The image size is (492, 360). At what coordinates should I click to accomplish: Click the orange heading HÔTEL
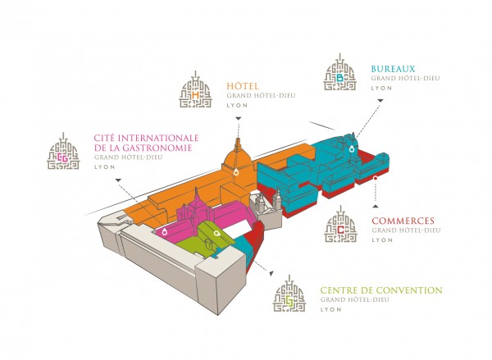pyautogui.click(x=244, y=84)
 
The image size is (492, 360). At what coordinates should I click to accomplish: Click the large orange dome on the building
pyautogui.click(x=235, y=159)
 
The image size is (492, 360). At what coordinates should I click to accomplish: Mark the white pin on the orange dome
pyautogui.click(x=235, y=173)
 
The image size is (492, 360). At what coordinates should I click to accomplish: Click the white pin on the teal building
pyautogui.click(x=352, y=149)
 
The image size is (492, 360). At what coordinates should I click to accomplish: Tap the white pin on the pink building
pyautogui.click(x=164, y=234)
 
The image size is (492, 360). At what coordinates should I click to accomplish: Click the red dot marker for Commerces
pyautogui.click(x=375, y=178)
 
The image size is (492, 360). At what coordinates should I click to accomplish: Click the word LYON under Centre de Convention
pyautogui.click(x=330, y=311)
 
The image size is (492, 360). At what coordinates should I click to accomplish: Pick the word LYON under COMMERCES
pyautogui.click(x=382, y=242)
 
